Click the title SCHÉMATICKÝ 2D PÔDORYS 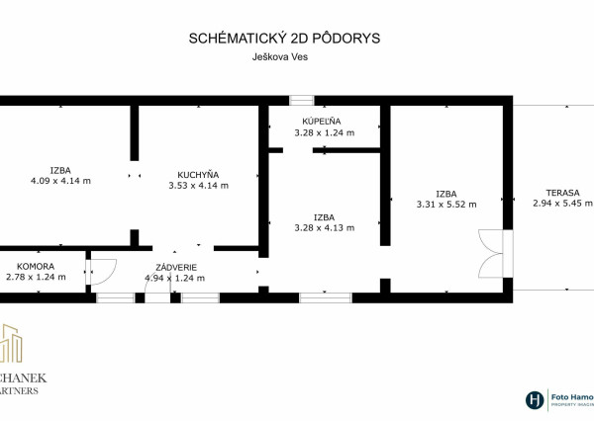[284, 39]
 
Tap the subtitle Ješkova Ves [284, 58]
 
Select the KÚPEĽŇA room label [324, 121]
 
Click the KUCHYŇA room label [198, 174]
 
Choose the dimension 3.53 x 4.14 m [198, 185]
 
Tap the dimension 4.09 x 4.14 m [60, 181]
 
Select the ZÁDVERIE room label [174, 267]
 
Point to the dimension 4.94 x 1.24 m [174, 278]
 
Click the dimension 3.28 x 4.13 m [324, 227]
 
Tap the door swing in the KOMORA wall [103, 270]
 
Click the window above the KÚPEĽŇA [302, 100]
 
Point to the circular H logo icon [535, 400]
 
